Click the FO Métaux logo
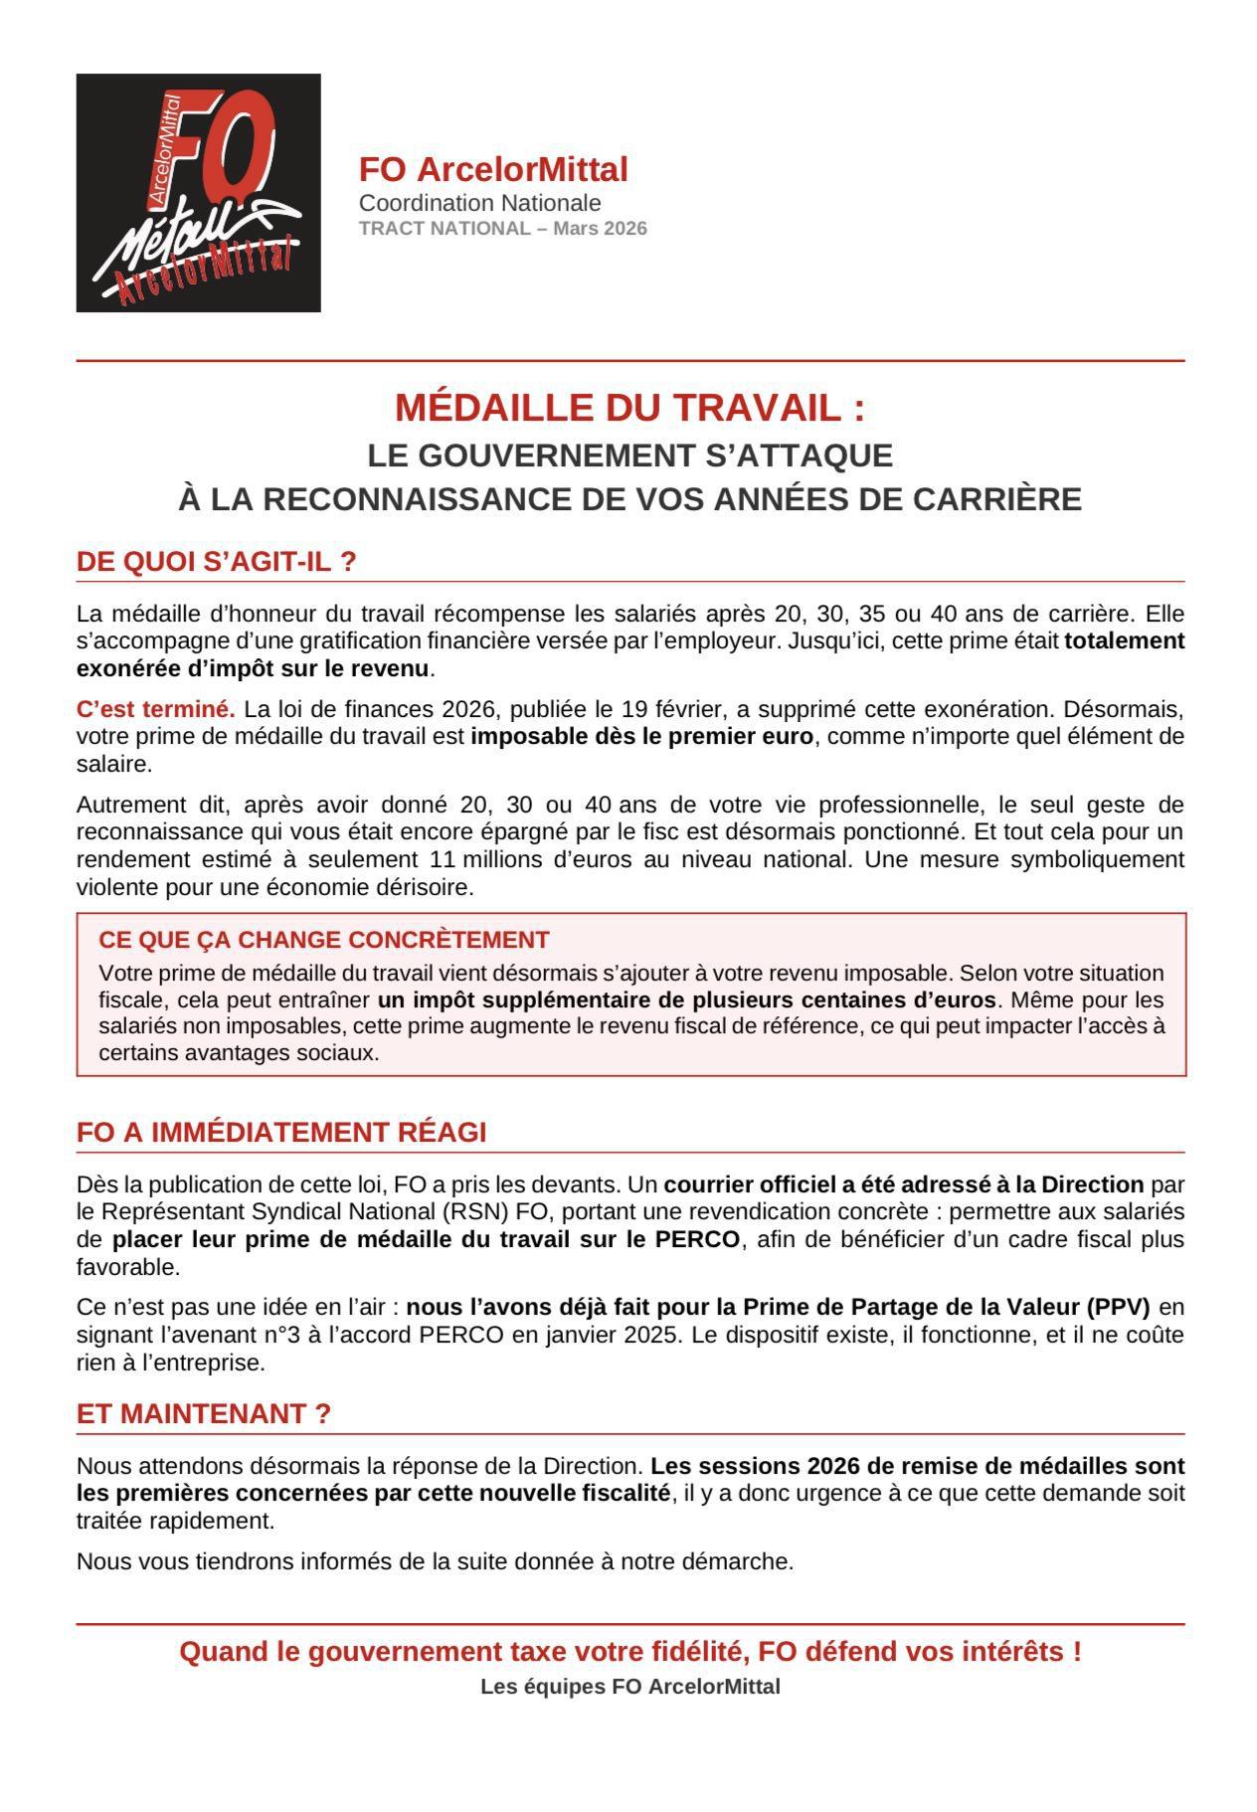[198, 192]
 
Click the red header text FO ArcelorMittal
[493, 170]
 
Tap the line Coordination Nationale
[479, 203]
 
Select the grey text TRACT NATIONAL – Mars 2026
[502, 229]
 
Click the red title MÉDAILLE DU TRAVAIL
[628, 408]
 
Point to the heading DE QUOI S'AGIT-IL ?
[216, 562]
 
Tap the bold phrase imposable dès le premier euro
[641, 737]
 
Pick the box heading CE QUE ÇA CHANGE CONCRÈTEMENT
[324, 940]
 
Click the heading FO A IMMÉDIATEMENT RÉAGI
[281, 1133]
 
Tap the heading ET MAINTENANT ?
[203, 1414]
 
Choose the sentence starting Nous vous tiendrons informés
[435, 1561]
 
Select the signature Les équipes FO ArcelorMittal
[629, 1687]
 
